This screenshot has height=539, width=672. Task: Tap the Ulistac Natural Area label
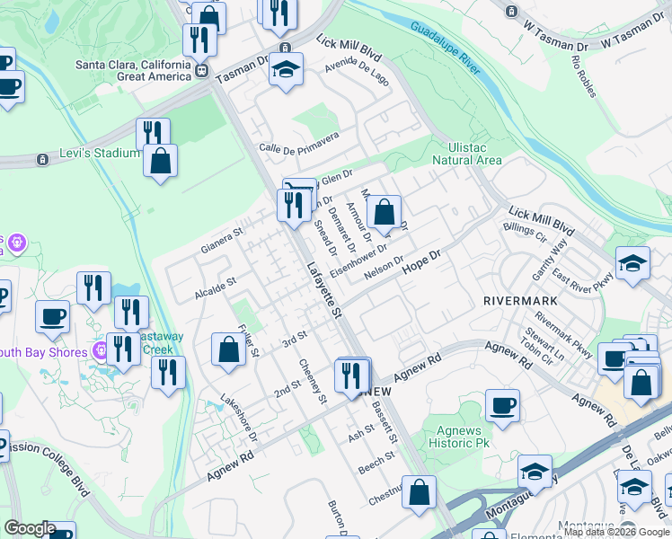click(x=466, y=154)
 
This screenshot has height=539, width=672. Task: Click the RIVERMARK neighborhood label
click(x=518, y=300)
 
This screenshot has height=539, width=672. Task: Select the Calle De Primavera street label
click(x=298, y=143)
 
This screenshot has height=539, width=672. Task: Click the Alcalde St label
click(x=215, y=287)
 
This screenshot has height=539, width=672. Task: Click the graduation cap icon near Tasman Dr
click(x=286, y=69)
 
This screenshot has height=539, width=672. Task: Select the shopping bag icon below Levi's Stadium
click(x=160, y=161)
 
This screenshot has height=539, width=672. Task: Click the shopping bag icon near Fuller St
click(x=229, y=349)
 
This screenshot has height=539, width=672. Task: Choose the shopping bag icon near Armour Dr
click(x=384, y=212)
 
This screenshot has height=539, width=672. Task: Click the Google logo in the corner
click(x=30, y=527)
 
